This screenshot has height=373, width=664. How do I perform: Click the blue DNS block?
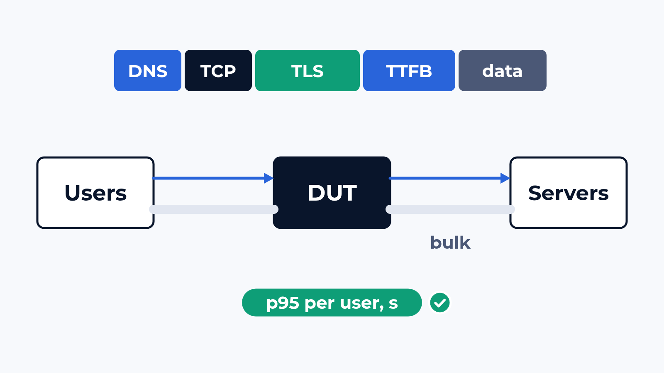coord(148,70)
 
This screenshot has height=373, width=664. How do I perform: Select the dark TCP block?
coord(218,70)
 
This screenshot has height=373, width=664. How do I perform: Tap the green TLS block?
coord(308,70)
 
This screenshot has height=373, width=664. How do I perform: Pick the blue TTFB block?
coord(409,70)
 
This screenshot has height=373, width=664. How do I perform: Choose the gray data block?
coord(503,70)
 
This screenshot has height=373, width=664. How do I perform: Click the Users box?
coord(95,193)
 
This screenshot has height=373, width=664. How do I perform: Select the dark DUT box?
coord(332,193)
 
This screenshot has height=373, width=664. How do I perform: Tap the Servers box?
coord(569,193)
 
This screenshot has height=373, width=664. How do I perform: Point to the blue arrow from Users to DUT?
coord(213,178)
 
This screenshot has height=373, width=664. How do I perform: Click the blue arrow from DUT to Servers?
coord(449,178)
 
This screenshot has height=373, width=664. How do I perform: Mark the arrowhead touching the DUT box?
coord(269,178)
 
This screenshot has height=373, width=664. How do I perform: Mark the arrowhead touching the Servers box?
coord(505,178)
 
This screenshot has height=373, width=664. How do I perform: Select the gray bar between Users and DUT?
coord(214,209)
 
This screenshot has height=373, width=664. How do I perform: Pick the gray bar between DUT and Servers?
coord(450,209)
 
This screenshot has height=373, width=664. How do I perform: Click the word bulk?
coord(450,243)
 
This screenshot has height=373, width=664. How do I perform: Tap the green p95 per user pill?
coord(332,303)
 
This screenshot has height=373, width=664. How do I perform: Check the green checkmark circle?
coord(440,303)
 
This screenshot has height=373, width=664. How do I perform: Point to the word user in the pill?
coord(361,303)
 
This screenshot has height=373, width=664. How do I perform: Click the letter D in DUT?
coord(316,193)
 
